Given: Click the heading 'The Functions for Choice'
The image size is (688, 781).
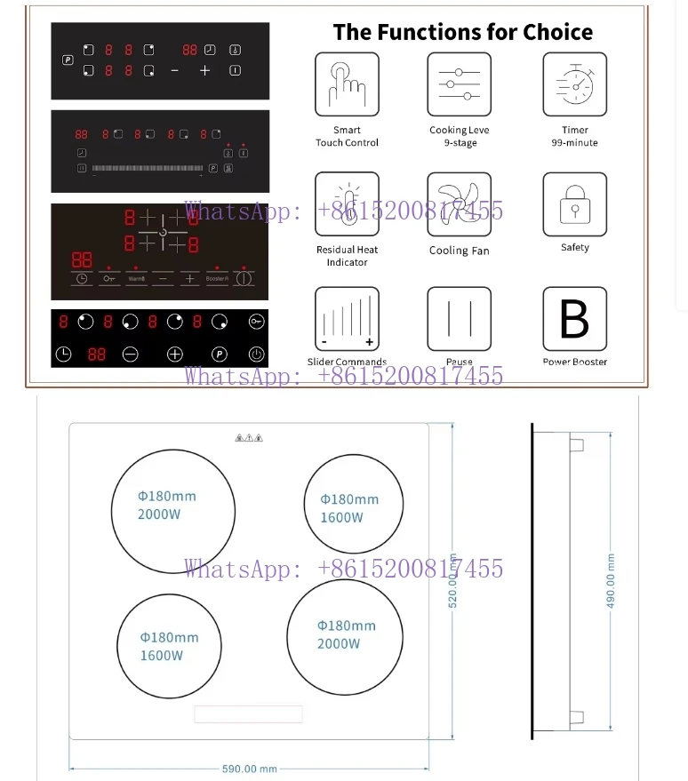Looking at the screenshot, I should [x=462, y=33].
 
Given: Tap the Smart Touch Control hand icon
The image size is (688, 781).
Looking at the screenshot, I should [x=347, y=84].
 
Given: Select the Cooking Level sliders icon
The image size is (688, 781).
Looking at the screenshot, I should [x=459, y=84].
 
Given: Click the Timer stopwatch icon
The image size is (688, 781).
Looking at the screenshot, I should [x=574, y=84].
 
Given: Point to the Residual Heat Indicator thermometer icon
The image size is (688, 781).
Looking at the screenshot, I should [x=347, y=204].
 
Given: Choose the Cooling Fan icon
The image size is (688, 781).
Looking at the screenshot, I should [x=459, y=204].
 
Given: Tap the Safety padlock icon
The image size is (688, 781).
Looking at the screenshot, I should [x=574, y=204].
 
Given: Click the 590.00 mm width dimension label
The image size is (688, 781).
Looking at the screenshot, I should [x=250, y=769].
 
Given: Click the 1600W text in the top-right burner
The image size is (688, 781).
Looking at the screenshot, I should [x=342, y=517].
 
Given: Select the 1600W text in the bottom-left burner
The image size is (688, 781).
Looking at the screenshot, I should [x=162, y=656].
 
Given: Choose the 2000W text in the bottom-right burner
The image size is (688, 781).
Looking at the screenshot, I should [x=340, y=643].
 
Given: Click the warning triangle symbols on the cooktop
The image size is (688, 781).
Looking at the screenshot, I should [x=249, y=438].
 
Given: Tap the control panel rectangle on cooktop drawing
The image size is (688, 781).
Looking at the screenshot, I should [x=249, y=714].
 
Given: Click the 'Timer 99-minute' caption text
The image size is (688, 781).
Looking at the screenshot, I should [x=574, y=136].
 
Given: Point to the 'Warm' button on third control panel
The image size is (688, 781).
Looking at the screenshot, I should [x=136, y=278].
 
